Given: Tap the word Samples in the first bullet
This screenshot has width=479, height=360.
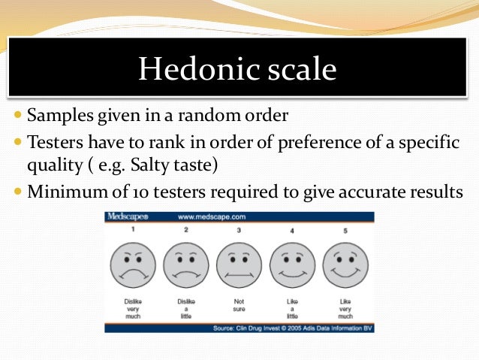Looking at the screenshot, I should pyautogui.click(x=60, y=117).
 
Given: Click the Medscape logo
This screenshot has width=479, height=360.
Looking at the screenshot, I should pyautogui.click(x=127, y=216).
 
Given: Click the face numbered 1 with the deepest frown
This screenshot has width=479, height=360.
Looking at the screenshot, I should pyautogui.click(x=133, y=265).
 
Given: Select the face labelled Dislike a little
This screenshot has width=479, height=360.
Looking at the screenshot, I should pyautogui.click(x=186, y=265).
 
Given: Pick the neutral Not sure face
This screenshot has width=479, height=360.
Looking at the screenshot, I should pyautogui.click(x=239, y=265).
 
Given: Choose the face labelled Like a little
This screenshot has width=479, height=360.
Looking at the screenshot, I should pyautogui.click(x=292, y=265).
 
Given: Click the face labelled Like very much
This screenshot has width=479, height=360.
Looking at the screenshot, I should pyautogui.click(x=345, y=265).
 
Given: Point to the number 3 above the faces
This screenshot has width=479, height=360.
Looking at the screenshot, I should pyautogui.click(x=239, y=230).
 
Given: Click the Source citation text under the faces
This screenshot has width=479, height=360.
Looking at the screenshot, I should pyautogui.click(x=292, y=328).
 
